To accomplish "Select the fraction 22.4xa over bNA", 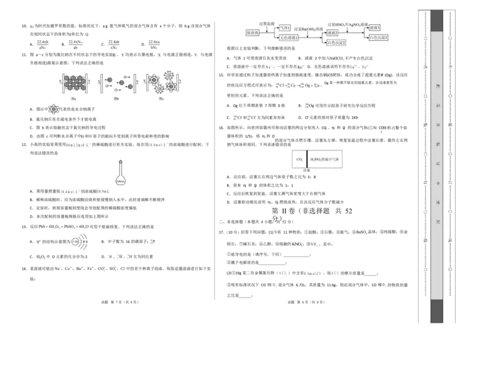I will (x=154, y=44).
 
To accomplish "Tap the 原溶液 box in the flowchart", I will (x=252, y=32).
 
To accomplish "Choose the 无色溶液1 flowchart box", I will (x=288, y=38).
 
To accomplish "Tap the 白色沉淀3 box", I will (x=378, y=38).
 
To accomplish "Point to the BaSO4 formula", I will (x=362, y=232).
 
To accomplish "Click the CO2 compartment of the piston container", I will (x=299, y=159).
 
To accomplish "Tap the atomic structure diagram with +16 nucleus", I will (x=78, y=241).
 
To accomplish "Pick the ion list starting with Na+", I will (x=92, y=268).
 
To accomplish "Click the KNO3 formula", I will (x=297, y=244).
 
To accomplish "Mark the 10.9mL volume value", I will (x=104, y=190).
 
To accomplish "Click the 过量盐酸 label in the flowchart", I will (x=267, y=23).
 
